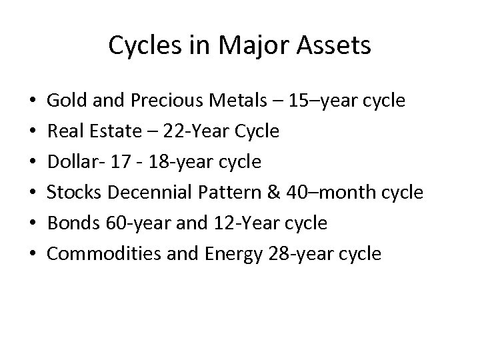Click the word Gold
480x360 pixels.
[64, 101]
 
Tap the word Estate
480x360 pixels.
[113, 131]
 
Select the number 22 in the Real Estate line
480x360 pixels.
[173, 131]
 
